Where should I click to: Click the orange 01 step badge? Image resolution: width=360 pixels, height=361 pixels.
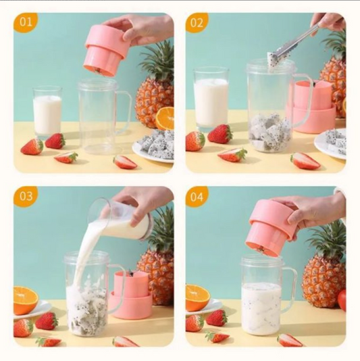26,22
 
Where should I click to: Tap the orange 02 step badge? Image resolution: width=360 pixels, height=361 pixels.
197,22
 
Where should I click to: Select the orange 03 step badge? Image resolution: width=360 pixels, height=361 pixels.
26,197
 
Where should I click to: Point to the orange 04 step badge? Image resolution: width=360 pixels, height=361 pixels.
197,197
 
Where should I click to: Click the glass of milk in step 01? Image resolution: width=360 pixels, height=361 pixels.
47,112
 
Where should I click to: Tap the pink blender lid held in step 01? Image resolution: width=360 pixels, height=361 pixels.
105,51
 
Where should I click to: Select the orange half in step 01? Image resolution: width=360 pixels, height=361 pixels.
165,118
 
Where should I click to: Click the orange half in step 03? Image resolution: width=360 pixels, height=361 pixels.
25,299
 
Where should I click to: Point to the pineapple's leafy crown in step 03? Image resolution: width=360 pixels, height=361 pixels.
162,230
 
